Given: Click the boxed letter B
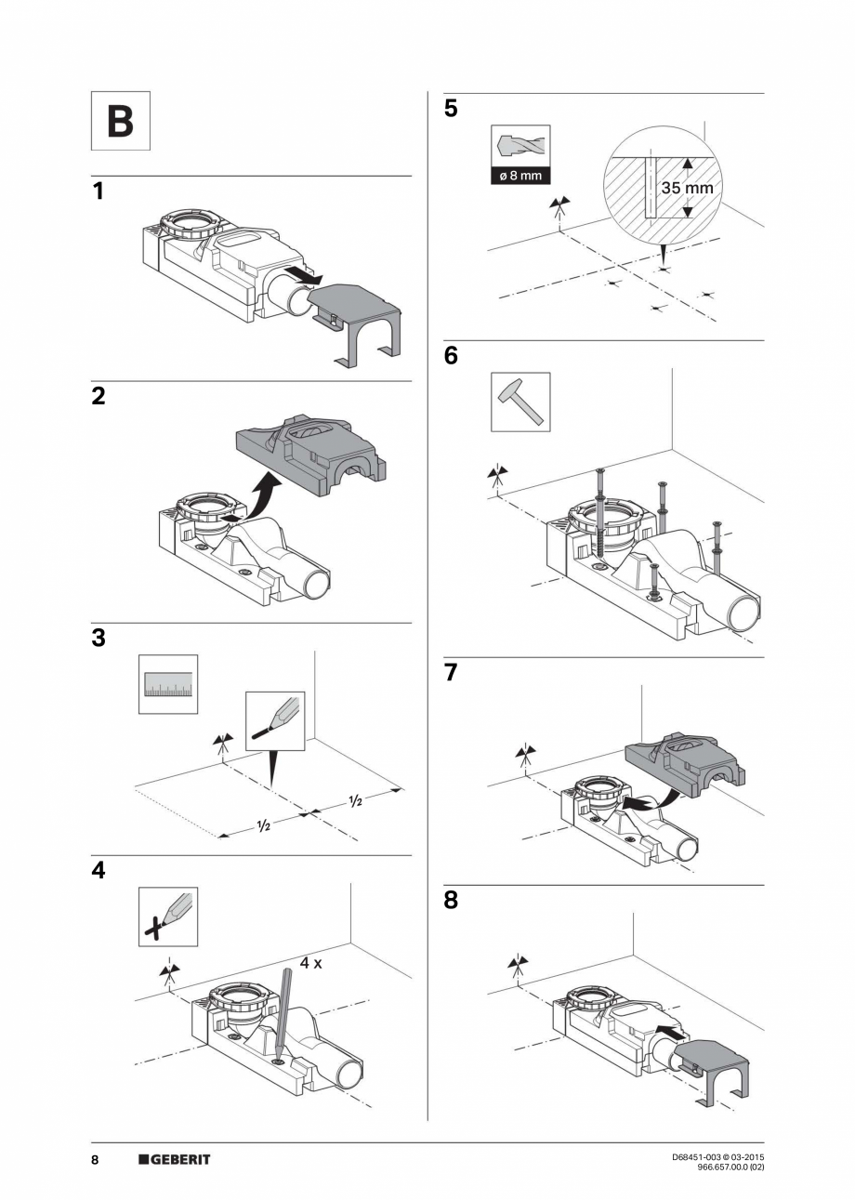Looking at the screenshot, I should click(120, 121).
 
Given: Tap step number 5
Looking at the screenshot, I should click(451, 109).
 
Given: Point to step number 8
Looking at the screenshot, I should click(451, 901).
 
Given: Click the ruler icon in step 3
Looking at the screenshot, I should click(168, 684).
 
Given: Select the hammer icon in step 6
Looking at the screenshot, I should click(520, 402).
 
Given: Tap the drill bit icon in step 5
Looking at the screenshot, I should click(520, 147).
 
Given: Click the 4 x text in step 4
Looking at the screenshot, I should click(311, 963).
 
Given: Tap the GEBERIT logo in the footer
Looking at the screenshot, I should click(175, 1159).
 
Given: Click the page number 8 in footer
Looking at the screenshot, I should click(95, 1159).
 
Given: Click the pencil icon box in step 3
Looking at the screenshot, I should click(275, 721).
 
